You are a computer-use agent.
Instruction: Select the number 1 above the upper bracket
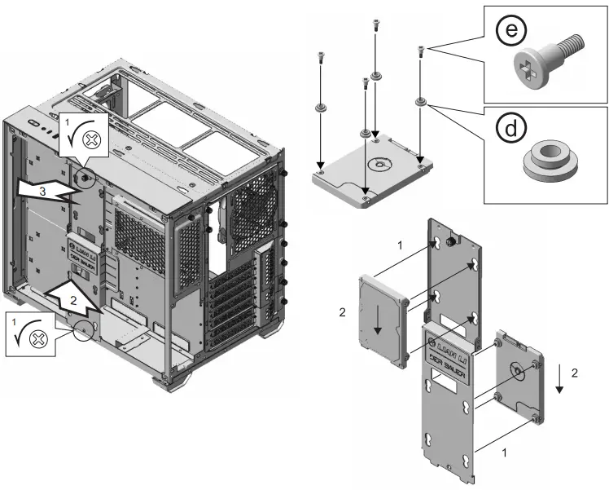pos(399,245)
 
